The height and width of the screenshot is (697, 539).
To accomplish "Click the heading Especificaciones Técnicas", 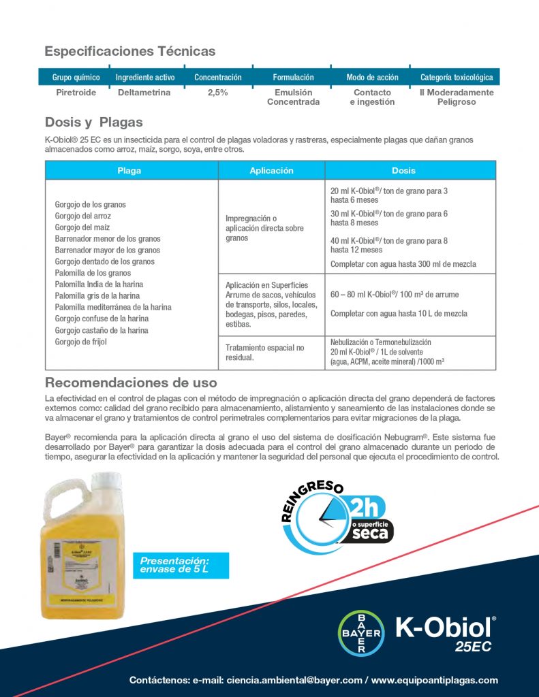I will [129, 51].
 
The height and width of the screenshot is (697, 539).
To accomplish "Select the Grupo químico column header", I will [76, 78].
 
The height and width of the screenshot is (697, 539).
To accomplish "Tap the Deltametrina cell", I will [144, 93].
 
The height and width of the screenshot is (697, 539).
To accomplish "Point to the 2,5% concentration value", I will [217, 93].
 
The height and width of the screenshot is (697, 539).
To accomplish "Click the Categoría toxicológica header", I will [456, 78].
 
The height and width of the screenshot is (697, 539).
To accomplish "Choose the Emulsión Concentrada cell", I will [293, 97].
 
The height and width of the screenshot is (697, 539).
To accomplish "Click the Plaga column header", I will [129, 171].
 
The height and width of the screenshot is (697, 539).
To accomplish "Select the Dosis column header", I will [403, 171].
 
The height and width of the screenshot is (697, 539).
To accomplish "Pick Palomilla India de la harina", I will [99, 285].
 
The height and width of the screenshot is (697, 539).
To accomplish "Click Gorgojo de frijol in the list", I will [81, 342].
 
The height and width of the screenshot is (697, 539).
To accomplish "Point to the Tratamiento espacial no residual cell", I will [265, 353].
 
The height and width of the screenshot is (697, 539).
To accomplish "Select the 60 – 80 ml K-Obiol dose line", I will [395, 295].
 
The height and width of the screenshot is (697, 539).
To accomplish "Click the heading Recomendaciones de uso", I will [131, 383].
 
